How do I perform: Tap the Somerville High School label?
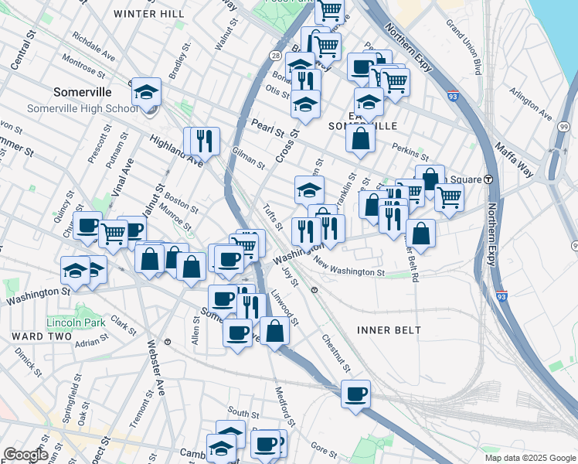point(83,108)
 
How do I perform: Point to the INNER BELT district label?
point(389,330)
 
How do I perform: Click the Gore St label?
point(320,447)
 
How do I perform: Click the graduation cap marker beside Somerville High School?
point(145,93)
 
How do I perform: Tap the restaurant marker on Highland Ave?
point(204,140)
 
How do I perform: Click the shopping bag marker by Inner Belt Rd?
point(420,233)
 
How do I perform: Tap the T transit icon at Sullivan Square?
point(488,179)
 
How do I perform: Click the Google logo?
point(25,455)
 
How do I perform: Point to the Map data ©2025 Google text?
point(529,458)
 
